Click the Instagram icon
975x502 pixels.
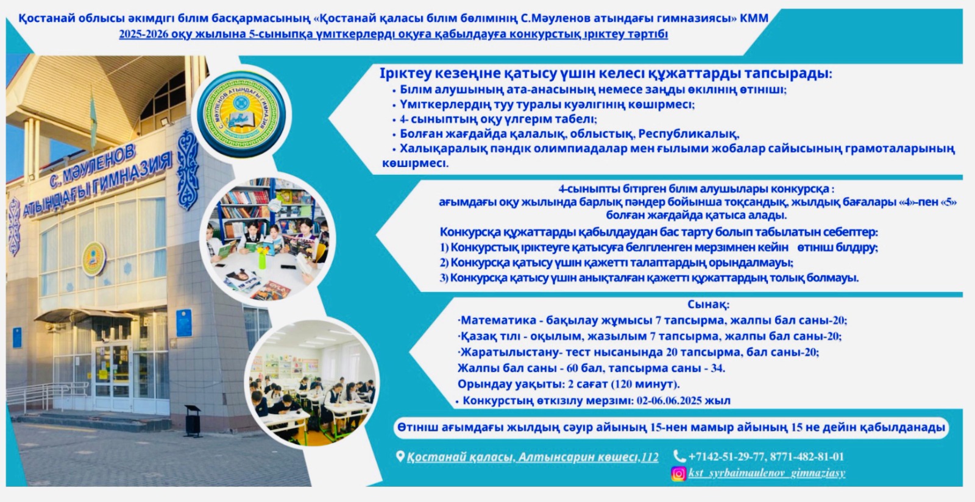coord(679,473)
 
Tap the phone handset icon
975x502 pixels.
coord(679,456)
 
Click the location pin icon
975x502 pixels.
coord(400,456)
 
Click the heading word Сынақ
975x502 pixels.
coord(708,304)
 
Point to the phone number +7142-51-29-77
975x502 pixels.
coord(726,457)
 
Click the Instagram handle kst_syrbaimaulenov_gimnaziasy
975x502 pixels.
coord(767,473)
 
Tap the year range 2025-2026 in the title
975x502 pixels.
coord(144,34)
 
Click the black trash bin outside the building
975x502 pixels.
coord(192,420)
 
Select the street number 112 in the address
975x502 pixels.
coord(650,457)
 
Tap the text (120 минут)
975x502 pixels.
coord(645,384)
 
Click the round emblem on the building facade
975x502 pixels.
coord(94,259)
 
